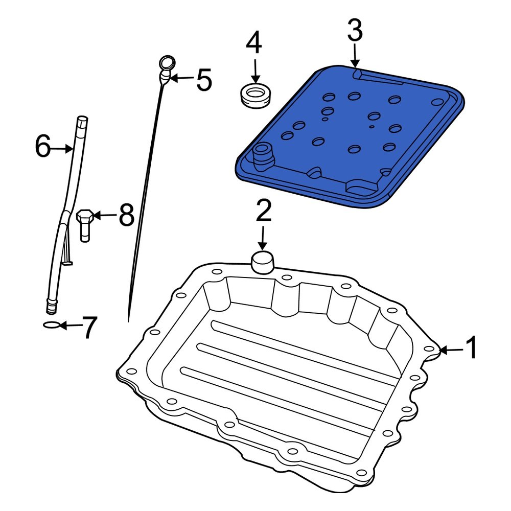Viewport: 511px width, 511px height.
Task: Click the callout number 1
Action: pos(471,349)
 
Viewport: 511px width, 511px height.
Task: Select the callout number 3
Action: pos(355,31)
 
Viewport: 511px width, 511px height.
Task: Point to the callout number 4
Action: pos(254,43)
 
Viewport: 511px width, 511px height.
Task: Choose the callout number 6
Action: pos(43,147)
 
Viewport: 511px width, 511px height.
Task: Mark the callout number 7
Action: pos(89,328)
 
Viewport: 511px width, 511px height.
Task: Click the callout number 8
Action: pos(126,215)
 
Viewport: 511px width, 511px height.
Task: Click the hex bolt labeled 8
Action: pos(84,224)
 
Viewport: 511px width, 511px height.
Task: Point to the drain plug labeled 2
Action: pos(263,263)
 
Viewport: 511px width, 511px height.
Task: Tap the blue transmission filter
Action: pos(353,138)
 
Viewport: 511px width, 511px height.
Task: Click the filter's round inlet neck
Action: pos(263,153)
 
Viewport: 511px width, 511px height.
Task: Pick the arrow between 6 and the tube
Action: pos(62,148)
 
